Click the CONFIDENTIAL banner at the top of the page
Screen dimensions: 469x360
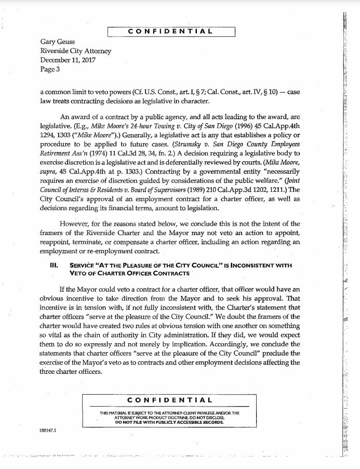click(x=170, y=31)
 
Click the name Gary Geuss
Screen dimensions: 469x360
click(x=58, y=42)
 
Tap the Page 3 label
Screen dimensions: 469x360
click(x=50, y=69)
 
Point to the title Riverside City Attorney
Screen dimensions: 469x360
click(x=75, y=51)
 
